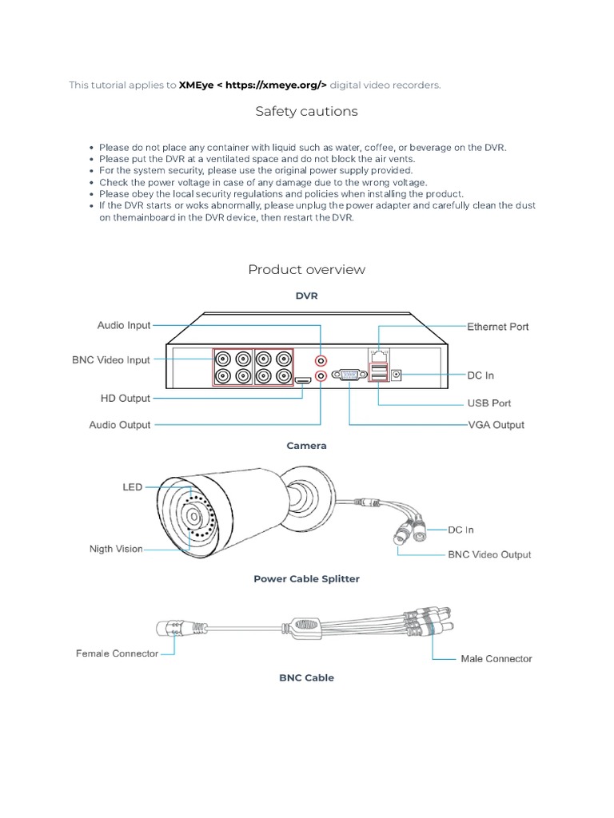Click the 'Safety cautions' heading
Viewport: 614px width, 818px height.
point(306,111)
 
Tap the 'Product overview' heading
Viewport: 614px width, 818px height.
point(306,269)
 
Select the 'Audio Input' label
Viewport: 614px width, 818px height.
point(124,325)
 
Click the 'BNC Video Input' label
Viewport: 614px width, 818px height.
point(111,360)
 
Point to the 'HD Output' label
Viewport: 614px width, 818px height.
point(126,398)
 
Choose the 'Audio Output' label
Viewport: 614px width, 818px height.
point(120,425)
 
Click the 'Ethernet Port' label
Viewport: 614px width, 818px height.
point(497,326)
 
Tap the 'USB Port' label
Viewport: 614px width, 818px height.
point(488,403)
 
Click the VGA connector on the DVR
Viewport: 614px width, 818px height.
point(349,374)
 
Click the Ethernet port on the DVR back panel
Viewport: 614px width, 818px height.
point(377,352)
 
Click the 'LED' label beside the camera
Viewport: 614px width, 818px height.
point(132,486)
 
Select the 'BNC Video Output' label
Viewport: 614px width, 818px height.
point(488,554)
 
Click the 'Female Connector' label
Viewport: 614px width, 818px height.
point(118,653)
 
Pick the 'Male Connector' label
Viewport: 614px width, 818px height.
point(496,659)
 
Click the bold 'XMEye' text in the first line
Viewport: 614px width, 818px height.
point(196,85)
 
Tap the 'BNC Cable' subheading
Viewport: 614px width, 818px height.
point(306,677)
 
